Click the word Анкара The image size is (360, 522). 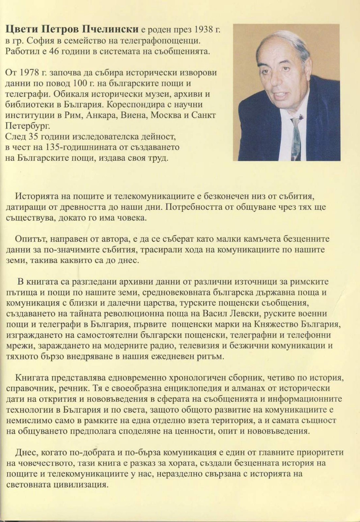(100, 115)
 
